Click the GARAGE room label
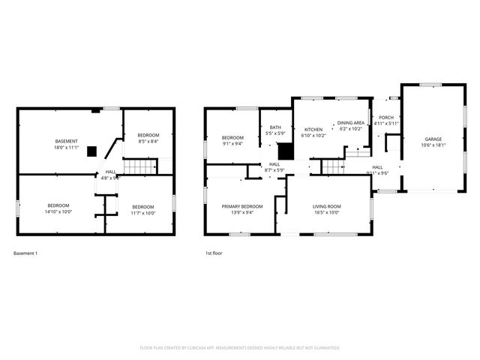[x=433, y=139]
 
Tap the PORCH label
[x=386, y=118]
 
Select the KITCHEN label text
[x=313, y=129]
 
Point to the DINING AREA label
[x=350, y=122]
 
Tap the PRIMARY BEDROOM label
[x=241, y=206]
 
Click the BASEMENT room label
[x=66, y=142]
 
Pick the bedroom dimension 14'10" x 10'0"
[x=58, y=211]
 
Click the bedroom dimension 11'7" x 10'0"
[x=142, y=213]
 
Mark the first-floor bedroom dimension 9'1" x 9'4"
[x=232, y=144]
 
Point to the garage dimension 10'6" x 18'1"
[x=433, y=145]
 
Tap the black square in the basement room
[x=91, y=151]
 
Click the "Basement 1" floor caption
[x=25, y=253]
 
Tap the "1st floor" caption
[x=214, y=253]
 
